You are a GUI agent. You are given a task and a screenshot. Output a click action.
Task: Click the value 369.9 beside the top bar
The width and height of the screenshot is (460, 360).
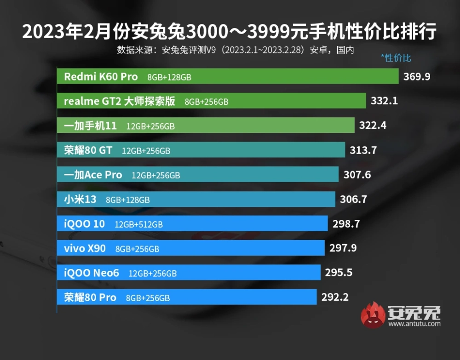[417, 76]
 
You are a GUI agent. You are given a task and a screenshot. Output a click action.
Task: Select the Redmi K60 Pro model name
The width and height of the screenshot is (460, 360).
[101, 77]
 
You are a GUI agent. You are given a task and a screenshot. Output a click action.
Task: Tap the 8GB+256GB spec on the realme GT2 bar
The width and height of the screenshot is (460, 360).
[206, 102]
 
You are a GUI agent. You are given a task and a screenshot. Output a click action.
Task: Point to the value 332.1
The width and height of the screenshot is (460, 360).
[384, 101]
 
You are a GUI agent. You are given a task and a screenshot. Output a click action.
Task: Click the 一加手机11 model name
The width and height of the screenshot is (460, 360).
[90, 126]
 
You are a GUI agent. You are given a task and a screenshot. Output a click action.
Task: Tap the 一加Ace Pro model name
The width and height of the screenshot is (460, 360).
[93, 175]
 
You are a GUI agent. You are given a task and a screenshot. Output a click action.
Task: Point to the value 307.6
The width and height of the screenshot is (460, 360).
[357, 175]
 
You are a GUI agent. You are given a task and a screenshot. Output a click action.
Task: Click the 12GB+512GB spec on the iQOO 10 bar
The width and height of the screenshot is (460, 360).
[138, 224]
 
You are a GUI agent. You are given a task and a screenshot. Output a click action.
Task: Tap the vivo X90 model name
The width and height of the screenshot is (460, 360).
[85, 249]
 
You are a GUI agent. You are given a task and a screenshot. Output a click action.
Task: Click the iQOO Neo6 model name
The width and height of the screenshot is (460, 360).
[92, 273]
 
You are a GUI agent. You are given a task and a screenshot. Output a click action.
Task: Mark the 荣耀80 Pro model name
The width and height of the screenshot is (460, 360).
[90, 297]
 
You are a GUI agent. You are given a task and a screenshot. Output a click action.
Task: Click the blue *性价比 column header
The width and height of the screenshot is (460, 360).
[396, 58]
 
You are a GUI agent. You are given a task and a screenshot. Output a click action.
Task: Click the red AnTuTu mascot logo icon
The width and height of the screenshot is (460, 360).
[373, 315]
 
